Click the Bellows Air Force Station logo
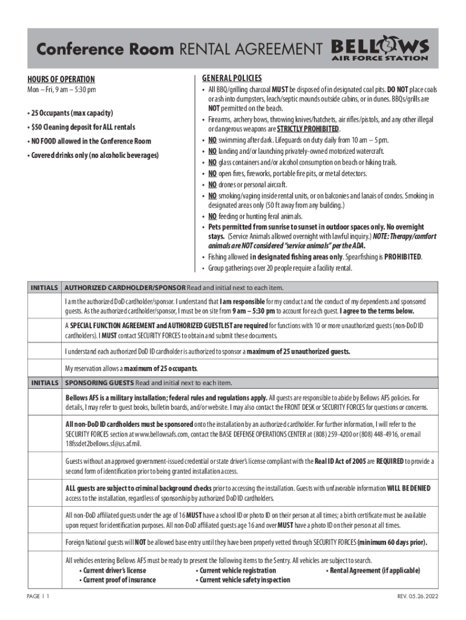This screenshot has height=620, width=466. point(380,50)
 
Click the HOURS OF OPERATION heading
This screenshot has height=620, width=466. point(61,79)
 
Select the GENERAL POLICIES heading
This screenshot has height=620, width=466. point(231,78)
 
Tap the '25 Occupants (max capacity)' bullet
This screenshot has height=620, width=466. point(70,113)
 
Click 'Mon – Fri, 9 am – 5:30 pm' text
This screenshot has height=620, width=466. point(61,90)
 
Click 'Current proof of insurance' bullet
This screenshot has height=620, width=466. point(119,579)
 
